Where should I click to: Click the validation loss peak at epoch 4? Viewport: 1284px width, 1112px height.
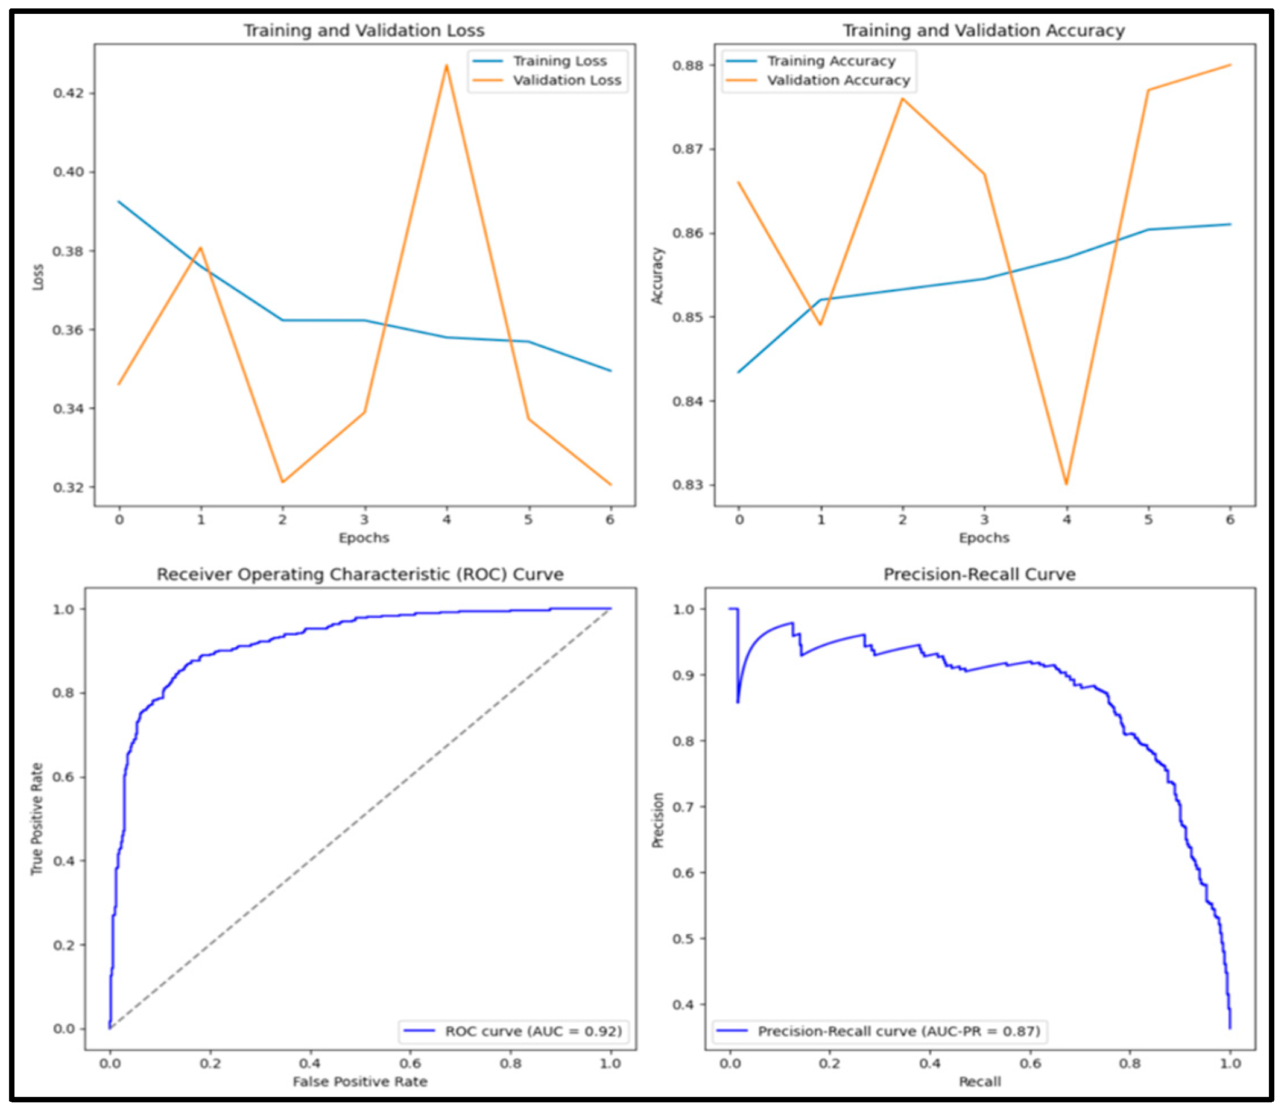(x=446, y=66)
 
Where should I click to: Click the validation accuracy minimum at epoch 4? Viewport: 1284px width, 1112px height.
(x=1066, y=484)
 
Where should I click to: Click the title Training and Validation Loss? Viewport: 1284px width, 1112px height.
(x=364, y=30)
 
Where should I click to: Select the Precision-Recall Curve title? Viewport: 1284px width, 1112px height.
(x=979, y=574)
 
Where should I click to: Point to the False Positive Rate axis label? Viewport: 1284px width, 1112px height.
(x=360, y=978)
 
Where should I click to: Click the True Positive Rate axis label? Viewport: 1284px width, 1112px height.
(x=37, y=819)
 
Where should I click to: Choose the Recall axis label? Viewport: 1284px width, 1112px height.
(x=980, y=978)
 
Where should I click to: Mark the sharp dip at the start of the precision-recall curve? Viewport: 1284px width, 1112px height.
(x=738, y=702)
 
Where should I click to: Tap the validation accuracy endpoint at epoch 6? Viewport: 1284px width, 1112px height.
(x=1230, y=65)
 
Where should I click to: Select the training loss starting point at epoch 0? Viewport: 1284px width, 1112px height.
(x=119, y=202)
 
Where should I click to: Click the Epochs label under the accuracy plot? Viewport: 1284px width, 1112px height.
(x=984, y=538)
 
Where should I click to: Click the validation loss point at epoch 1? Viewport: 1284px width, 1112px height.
(x=200, y=248)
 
